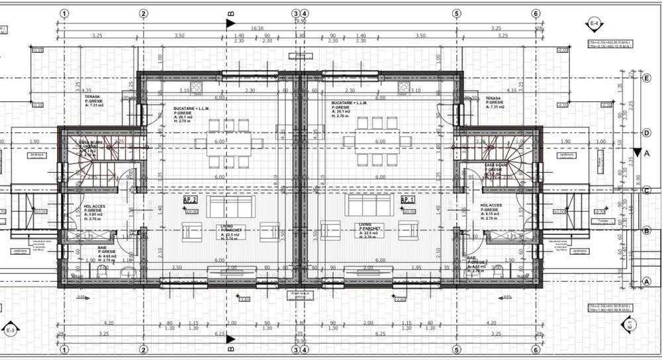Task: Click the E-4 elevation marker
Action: click(594, 24)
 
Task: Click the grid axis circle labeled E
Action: click(646, 77)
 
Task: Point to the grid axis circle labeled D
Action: click(646, 133)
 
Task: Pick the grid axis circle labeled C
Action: click(646, 191)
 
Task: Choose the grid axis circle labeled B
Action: click(646, 230)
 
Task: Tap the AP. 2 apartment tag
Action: click(191, 199)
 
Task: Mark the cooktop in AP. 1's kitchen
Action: click(402, 87)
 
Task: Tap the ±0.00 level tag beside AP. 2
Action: click(193, 212)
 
